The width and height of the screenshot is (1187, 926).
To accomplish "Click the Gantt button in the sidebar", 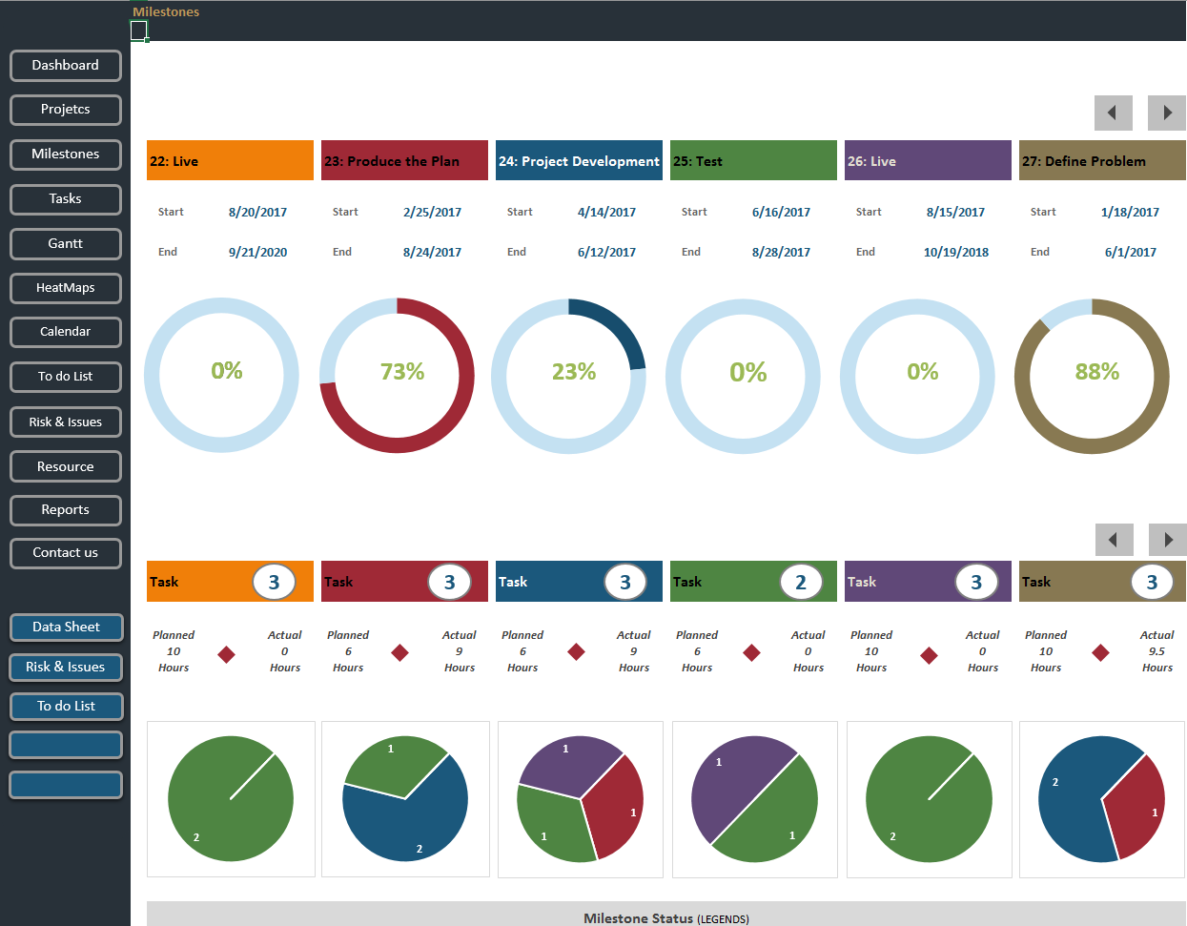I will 65,244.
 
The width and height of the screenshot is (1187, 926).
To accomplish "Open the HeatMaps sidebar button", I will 65,288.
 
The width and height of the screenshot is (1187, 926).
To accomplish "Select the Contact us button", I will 65,553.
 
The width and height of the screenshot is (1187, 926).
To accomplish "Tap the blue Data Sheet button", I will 66,628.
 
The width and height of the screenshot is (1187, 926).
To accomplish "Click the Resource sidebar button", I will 65,467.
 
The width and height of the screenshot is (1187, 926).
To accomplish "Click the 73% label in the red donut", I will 401,372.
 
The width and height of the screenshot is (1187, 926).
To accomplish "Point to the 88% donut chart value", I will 1096,372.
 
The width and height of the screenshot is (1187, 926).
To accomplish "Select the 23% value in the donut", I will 573,372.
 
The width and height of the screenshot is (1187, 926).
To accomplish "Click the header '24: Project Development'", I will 579,161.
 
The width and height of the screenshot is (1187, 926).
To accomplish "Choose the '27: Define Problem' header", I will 1101,161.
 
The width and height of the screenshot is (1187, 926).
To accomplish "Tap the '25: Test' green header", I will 753,161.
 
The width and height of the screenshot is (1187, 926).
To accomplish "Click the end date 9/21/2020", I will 257,253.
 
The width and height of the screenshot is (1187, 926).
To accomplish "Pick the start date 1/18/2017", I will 1130,213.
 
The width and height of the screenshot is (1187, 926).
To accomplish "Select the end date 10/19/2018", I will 955,253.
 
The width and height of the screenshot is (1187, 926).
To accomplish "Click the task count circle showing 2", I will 800,582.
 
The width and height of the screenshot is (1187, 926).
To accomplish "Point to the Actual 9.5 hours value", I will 1156,651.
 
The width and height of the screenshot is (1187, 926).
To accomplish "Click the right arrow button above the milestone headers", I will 1167,113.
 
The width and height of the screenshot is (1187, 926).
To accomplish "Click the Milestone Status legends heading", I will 665,918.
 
